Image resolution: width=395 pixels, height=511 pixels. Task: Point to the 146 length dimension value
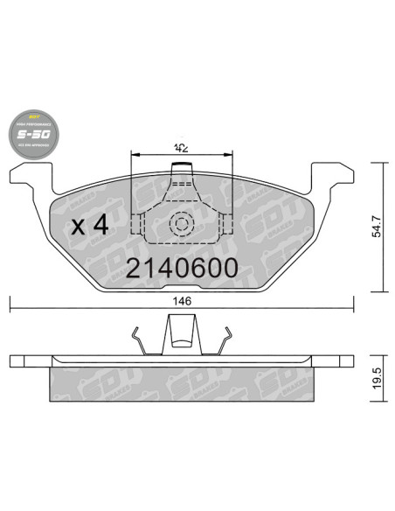(182, 300)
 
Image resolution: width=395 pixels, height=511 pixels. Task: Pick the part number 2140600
(182, 268)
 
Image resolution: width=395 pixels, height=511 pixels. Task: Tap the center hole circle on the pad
(182, 223)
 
